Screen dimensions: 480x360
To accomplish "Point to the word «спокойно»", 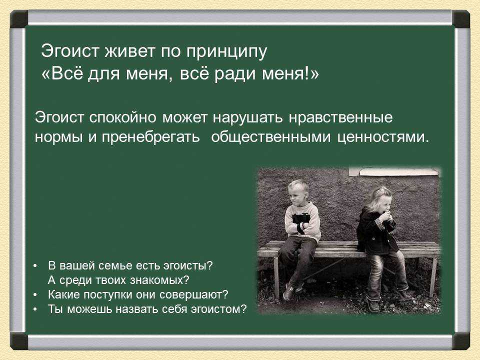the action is tap(123, 118).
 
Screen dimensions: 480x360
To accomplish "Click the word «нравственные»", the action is tap(340, 118).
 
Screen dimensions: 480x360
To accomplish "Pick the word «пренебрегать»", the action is tap(150, 137).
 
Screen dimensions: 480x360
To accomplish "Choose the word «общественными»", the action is tap(271, 138).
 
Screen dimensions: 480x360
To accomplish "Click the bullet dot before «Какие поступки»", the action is tap(36, 295).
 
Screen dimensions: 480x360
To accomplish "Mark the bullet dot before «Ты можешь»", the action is tap(36, 309).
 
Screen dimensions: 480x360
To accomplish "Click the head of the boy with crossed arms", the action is tap(298, 191).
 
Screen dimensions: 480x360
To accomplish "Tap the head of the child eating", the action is tap(381, 199).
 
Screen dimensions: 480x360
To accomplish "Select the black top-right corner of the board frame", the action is tap(460, 19).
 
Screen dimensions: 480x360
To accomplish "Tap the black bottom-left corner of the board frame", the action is tap(19, 341).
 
